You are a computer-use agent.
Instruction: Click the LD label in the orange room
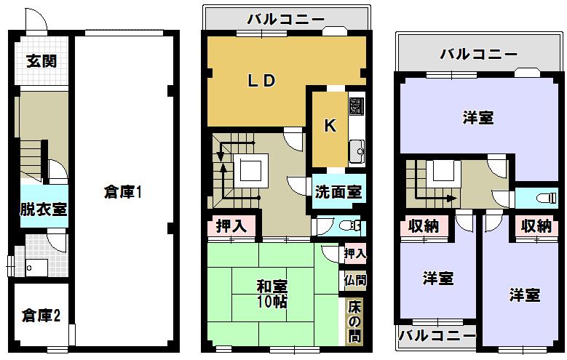click(261, 81)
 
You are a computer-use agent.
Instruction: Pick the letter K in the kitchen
click(330, 126)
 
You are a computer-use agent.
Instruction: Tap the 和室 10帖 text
click(271, 292)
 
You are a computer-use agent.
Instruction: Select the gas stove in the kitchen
click(357, 107)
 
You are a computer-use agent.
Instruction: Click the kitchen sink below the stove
click(357, 152)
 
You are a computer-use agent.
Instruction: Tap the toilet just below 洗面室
click(350, 225)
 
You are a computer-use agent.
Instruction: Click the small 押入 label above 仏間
click(354, 253)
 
